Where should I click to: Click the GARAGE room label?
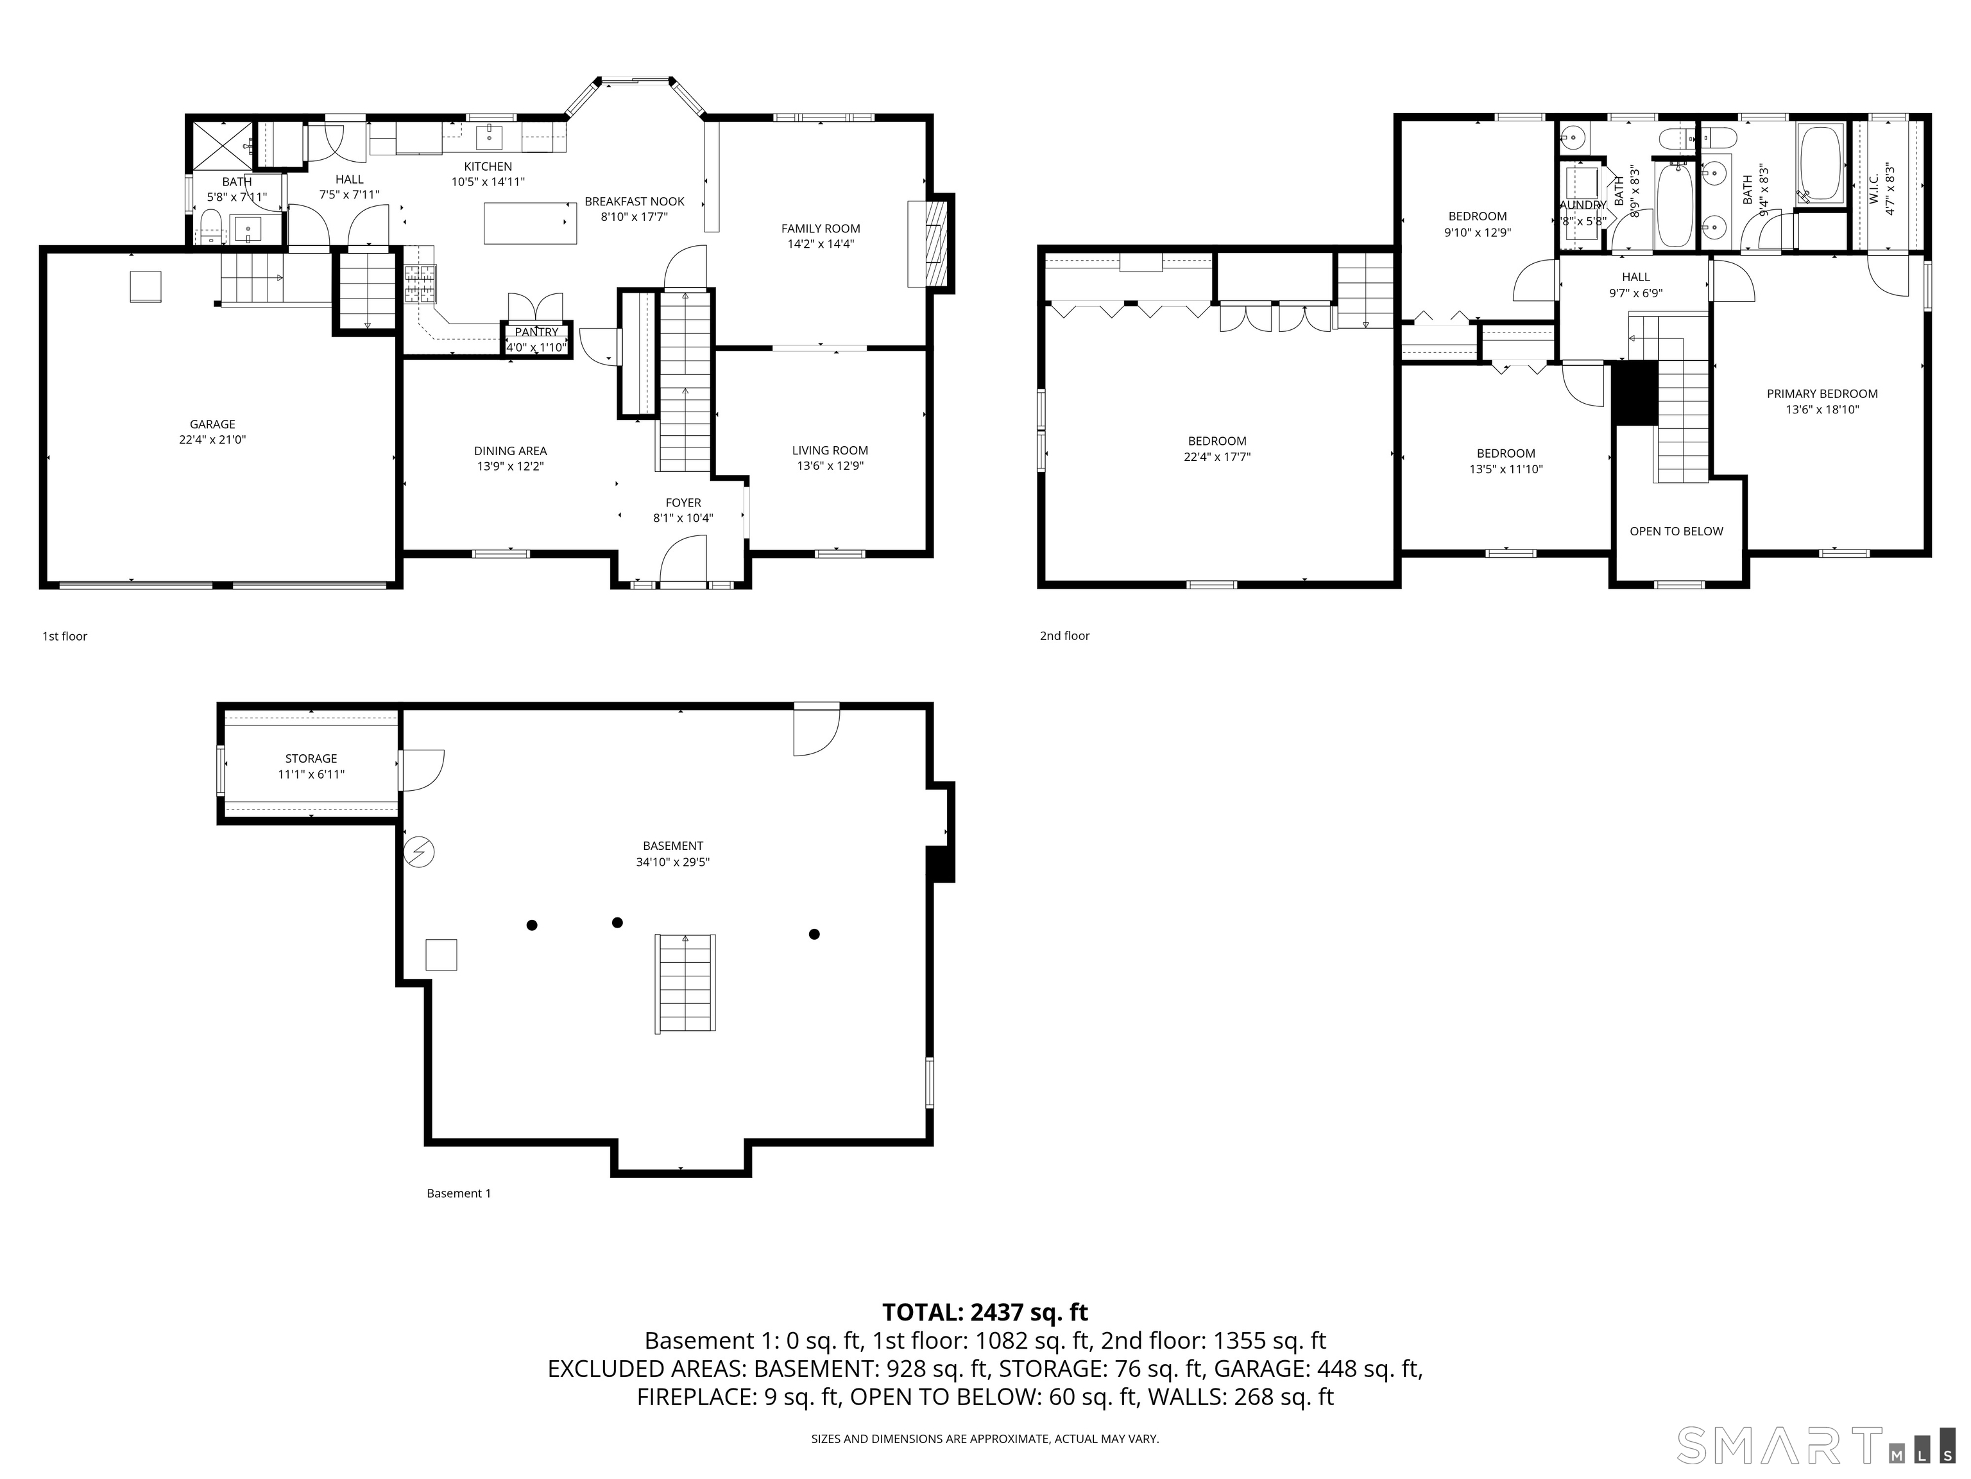(x=212, y=424)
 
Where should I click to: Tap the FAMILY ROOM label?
(x=820, y=229)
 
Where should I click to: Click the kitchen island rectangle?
(x=529, y=223)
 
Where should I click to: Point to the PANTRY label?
(x=536, y=332)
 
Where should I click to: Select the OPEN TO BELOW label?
(x=1675, y=532)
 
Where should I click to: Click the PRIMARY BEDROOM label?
(x=1822, y=393)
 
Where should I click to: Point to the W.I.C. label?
(x=1874, y=188)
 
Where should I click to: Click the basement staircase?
(x=685, y=983)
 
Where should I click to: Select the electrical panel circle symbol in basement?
(x=419, y=852)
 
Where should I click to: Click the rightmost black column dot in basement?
(x=814, y=934)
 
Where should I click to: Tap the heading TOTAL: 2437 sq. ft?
(x=985, y=1312)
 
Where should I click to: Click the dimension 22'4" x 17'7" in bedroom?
(x=1216, y=457)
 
